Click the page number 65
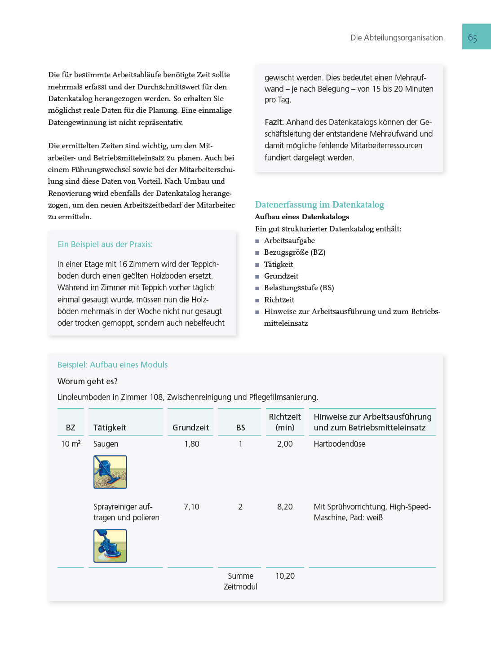472,38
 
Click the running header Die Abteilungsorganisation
396,38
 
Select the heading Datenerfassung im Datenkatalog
319,205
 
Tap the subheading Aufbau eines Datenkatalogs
302,217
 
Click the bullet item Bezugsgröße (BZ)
295,253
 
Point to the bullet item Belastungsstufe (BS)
299,288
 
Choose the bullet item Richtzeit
279,300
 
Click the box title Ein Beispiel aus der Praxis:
105,244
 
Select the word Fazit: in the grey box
274,122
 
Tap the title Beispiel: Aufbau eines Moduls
112,365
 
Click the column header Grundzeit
190,428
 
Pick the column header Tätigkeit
110,428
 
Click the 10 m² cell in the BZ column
71,444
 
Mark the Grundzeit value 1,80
191,444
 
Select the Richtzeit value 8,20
285,507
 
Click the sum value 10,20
285,576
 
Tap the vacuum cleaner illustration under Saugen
110,472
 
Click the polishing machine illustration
110,546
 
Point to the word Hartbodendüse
339,444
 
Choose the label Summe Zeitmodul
240,581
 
